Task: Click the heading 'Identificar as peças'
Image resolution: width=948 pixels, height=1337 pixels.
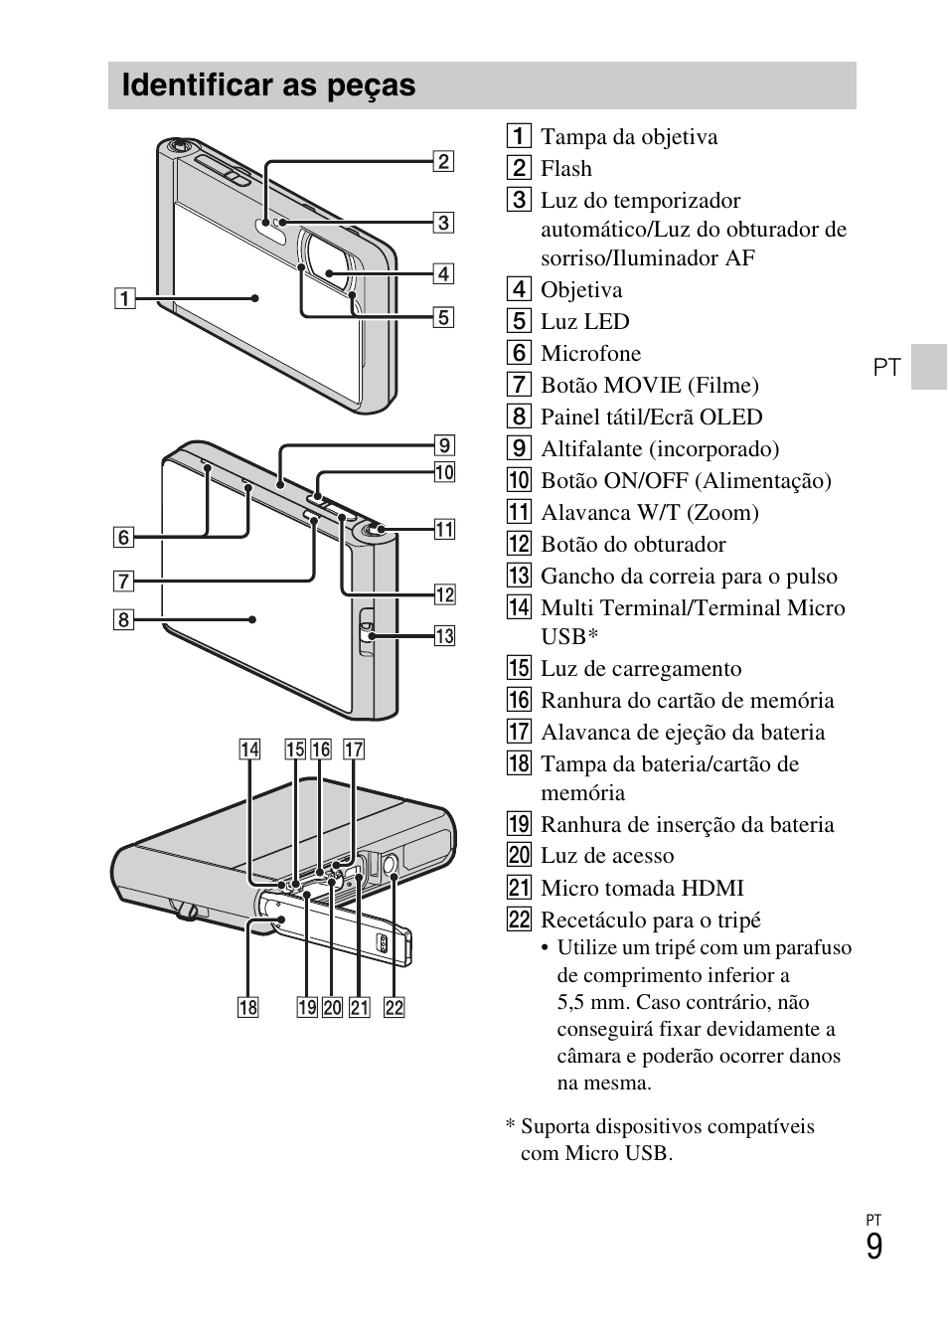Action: point(268,85)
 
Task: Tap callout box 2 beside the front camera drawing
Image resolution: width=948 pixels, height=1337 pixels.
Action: point(443,161)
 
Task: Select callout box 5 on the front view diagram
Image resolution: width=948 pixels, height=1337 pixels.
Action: point(443,317)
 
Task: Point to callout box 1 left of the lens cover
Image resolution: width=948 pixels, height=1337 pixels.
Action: point(123,297)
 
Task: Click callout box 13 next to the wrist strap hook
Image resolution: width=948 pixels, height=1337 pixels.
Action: point(444,635)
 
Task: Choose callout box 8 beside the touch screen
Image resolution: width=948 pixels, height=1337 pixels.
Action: point(123,620)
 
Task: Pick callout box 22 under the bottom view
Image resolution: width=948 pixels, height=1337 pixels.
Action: point(395,1007)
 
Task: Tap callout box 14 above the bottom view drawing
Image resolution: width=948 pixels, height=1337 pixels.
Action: point(248,750)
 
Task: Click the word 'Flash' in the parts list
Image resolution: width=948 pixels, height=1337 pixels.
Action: point(565,169)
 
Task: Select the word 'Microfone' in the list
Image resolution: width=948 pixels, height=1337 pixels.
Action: point(590,354)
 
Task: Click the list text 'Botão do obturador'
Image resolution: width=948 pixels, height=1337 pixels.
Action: point(632,545)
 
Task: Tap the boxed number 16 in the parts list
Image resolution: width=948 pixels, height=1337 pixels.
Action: point(519,700)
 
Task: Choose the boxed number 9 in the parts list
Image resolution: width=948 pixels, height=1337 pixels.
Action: point(519,449)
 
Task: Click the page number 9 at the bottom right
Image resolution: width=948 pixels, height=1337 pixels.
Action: point(873,1247)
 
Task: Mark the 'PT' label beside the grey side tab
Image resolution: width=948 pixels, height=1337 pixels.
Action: point(886,367)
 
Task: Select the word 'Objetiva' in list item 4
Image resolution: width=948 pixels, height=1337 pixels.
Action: point(581,290)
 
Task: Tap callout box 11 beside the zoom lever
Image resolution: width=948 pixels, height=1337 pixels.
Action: point(444,529)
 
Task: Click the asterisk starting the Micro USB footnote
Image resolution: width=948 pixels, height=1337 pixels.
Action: point(510,1127)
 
